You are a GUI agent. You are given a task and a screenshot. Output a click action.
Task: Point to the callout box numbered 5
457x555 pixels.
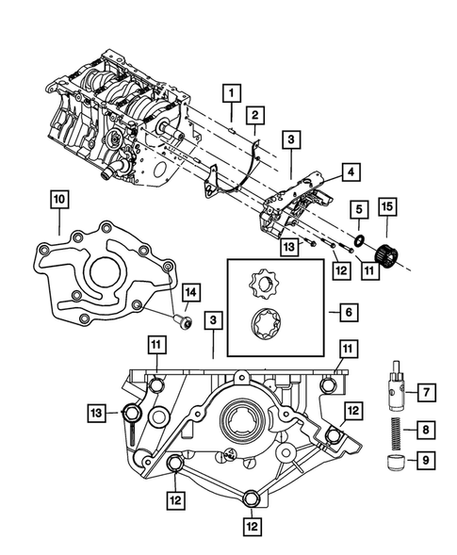point(359,209)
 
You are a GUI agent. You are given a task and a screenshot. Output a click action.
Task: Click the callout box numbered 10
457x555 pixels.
point(58,199)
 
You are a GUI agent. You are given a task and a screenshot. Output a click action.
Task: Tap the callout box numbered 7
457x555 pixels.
point(425,390)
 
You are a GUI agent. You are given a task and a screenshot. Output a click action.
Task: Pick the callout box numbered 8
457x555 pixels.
point(425,430)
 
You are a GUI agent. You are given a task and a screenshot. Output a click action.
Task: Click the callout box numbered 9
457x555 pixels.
point(425,463)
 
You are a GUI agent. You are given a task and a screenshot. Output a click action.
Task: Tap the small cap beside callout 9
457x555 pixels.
point(394,462)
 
